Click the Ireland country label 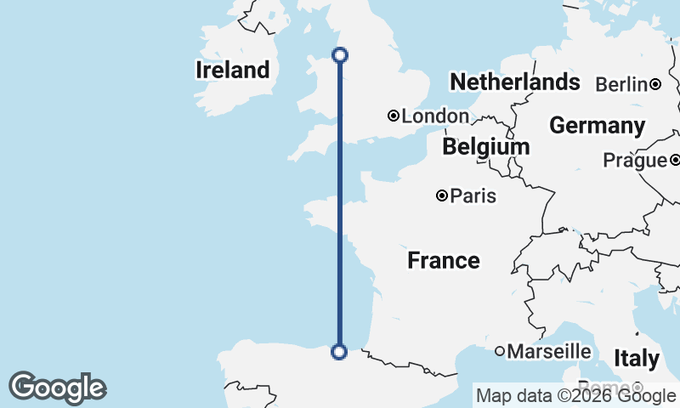tap(232, 70)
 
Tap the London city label tap(435, 116)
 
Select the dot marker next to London tap(394, 116)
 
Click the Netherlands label tap(514, 82)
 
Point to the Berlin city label tap(621, 84)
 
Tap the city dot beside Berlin tap(655, 84)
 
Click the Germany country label tap(597, 126)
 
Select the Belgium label tap(485, 147)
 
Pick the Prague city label tap(634, 160)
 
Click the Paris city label tap(473, 196)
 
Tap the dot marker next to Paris tap(442, 195)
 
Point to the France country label tap(443, 260)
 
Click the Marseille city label tap(549, 351)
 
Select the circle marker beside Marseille tap(500, 351)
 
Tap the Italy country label tap(637, 359)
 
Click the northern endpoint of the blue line tap(339, 55)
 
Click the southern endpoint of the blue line tap(339, 351)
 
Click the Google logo tap(57, 388)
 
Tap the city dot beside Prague tap(674, 160)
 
